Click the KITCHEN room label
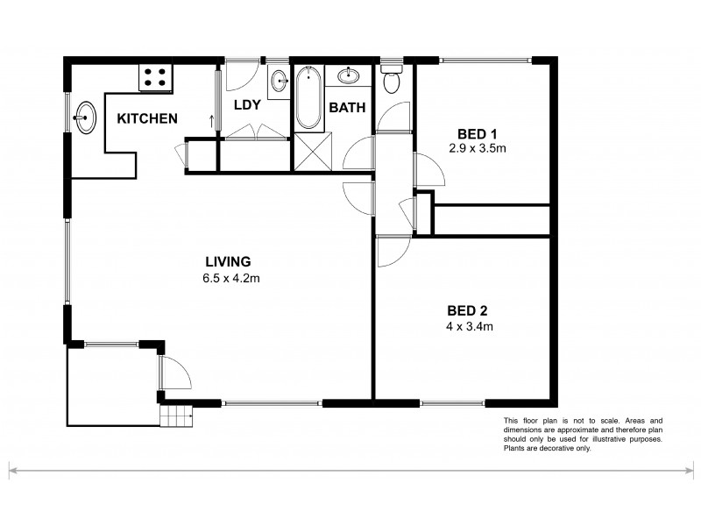pos(148,118)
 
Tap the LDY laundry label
pos(245,105)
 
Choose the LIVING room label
pos(228,261)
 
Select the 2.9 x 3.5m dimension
pos(478,148)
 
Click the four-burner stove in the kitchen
pos(155,78)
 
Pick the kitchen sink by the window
pos(86,117)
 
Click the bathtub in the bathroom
pos(307,96)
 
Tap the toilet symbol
pos(392,82)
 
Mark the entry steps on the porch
pos(176,416)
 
